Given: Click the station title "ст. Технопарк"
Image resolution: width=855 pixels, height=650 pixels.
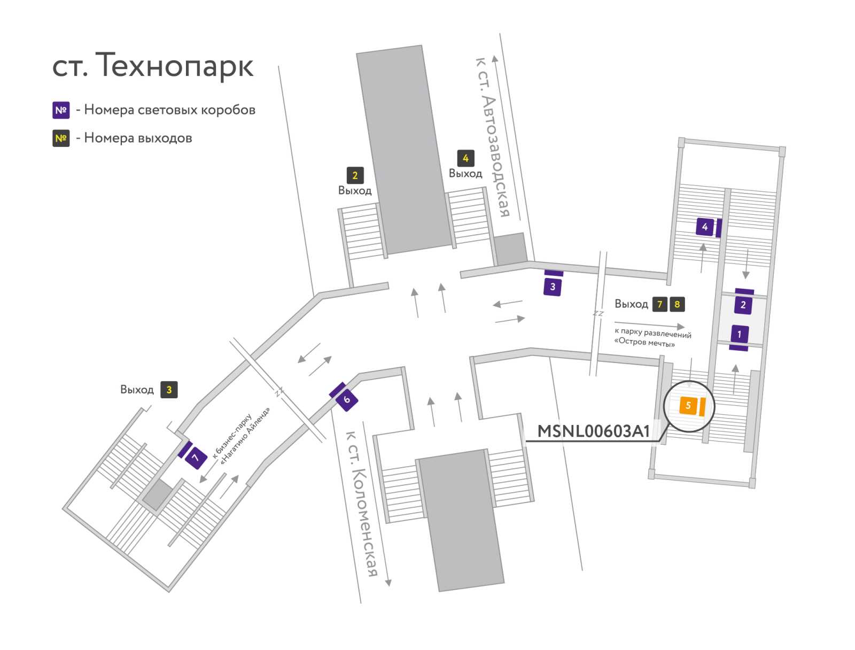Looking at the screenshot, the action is pyautogui.click(x=153, y=66).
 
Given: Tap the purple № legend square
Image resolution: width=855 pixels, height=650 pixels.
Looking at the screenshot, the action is pyautogui.click(x=61, y=110).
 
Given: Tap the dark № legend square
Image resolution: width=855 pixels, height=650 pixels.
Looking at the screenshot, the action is pyautogui.click(x=61, y=138).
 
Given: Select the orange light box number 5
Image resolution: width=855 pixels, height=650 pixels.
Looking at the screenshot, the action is pyautogui.click(x=688, y=405).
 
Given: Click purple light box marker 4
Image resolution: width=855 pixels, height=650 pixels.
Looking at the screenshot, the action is pyautogui.click(x=705, y=227).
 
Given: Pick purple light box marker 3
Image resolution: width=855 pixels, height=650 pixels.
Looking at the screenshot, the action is pyautogui.click(x=553, y=287).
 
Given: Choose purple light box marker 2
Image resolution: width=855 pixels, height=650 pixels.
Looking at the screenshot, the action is pyautogui.click(x=743, y=305).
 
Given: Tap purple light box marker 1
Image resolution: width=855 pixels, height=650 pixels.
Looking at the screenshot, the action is pyautogui.click(x=740, y=334).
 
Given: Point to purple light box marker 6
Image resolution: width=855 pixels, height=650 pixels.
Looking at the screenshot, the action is pyautogui.click(x=347, y=399).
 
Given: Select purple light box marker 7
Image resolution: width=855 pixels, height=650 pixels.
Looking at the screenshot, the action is pyautogui.click(x=196, y=458).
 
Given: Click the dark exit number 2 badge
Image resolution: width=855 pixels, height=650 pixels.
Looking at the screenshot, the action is pyautogui.click(x=355, y=175).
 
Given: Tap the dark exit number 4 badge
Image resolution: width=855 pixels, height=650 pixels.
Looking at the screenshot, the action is pyautogui.click(x=465, y=158).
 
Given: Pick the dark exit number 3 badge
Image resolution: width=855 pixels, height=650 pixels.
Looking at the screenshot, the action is pyautogui.click(x=169, y=390).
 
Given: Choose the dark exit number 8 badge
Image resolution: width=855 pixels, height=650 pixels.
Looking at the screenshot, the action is pyautogui.click(x=677, y=304).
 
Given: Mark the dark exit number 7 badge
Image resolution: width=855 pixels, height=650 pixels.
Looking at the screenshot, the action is pyautogui.click(x=660, y=304).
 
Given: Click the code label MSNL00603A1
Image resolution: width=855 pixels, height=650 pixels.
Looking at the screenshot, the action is pyautogui.click(x=593, y=431).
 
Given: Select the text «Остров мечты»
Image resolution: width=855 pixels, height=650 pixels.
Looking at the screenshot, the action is pyautogui.click(x=644, y=342).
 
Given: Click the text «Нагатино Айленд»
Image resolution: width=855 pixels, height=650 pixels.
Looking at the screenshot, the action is pyautogui.click(x=245, y=436).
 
